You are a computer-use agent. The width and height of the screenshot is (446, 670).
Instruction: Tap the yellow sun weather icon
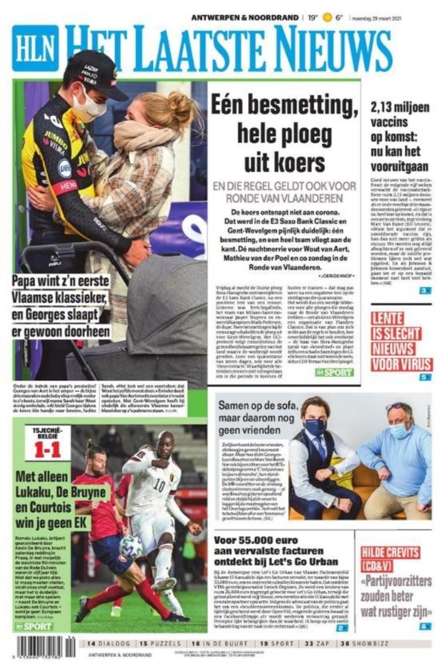327,17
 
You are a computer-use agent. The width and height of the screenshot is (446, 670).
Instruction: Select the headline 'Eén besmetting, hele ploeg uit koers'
283,134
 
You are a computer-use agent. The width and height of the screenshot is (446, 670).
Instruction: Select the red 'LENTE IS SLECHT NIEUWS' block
401,341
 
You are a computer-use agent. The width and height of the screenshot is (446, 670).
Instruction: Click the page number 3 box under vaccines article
426,291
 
